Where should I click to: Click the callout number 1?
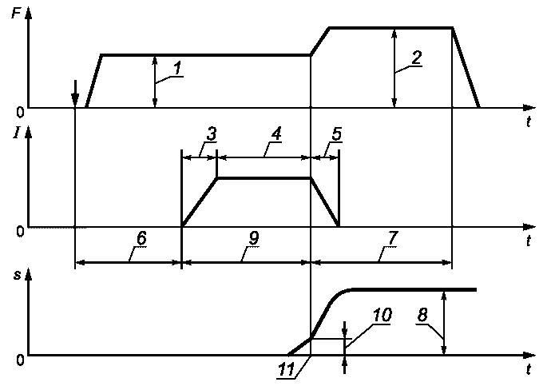(x=177, y=67)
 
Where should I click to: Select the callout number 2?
(x=416, y=57)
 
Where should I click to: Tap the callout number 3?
(x=211, y=134)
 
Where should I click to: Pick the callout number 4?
(x=276, y=134)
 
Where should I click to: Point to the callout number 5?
(x=336, y=134)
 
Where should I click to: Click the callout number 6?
(x=141, y=238)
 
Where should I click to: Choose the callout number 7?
(x=392, y=238)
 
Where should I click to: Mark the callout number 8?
(x=422, y=315)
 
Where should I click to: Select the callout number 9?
(x=254, y=238)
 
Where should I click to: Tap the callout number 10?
(x=382, y=315)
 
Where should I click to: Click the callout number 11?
(x=286, y=370)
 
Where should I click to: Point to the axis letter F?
(x=16, y=14)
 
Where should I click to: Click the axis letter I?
(x=16, y=133)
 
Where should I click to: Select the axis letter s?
(x=17, y=276)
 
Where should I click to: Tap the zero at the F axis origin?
(x=20, y=113)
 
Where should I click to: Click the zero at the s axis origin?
(x=20, y=360)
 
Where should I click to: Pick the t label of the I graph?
(x=529, y=241)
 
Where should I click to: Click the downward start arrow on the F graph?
(x=75, y=94)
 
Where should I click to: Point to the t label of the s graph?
(x=529, y=369)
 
